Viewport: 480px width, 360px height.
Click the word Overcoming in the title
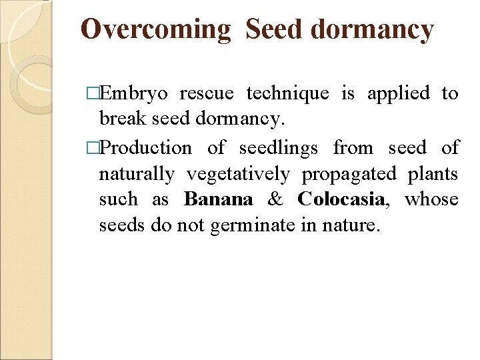[x=155, y=31]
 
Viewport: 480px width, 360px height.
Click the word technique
[x=287, y=94]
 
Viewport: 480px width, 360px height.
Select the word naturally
[x=137, y=174]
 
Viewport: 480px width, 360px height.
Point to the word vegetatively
[x=238, y=174]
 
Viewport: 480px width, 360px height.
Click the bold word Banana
[x=219, y=199]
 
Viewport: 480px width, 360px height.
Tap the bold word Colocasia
[x=340, y=199]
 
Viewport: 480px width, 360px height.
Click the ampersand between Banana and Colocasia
[x=275, y=199]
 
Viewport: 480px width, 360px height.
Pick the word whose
[x=431, y=199]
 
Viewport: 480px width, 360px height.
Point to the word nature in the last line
[x=356, y=226]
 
